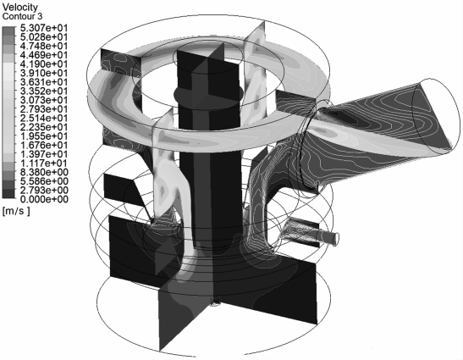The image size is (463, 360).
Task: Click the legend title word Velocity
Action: [x=20, y=7]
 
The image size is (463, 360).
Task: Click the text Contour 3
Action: [x=22, y=17]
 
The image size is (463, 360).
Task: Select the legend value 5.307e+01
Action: [x=44, y=28]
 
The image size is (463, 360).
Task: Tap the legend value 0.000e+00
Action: [x=44, y=199]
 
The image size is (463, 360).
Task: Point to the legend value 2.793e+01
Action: [x=44, y=109]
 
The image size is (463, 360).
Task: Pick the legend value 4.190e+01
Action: [x=44, y=64]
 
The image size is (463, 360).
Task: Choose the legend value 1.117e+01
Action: [x=44, y=163]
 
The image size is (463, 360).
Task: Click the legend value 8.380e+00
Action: [x=44, y=172]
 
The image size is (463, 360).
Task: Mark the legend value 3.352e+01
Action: [x=44, y=91]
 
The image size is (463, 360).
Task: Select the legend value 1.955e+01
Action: [x=44, y=136]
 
